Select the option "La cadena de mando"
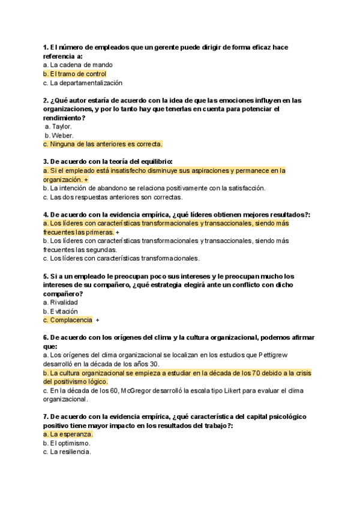[81, 65]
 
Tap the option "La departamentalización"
[86, 83]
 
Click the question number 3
[46, 161]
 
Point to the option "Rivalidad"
[64, 303]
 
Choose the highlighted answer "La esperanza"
[71, 434]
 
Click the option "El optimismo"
[70, 443]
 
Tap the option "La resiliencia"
[70, 452]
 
